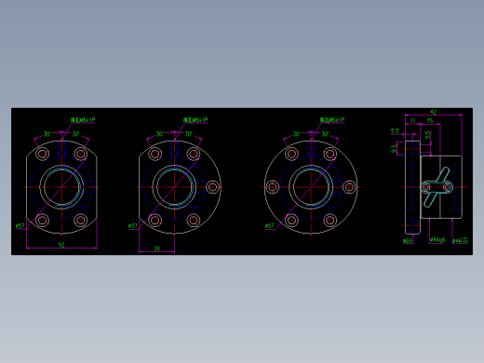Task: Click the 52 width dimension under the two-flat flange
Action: (x=61, y=245)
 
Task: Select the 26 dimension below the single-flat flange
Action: (x=156, y=249)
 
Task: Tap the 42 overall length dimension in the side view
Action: (x=433, y=113)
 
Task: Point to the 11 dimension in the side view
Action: (x=412, y=121)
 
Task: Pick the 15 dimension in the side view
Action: (x=430, y=121)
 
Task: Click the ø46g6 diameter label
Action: (x=437, y=240)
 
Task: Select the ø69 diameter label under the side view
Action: (x=408, y=241)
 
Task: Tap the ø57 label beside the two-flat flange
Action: (x=20, y=226)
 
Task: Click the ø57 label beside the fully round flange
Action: (x=269, y=226)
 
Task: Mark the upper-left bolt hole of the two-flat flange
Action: (x=42, y=154)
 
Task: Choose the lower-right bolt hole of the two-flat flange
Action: (x=81, y=221)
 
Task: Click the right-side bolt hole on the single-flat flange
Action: (x=213, y=187)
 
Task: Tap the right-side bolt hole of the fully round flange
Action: (x=349, y=187)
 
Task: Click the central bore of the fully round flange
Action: (x=311, y=187)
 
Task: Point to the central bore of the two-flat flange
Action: (x=61, y=187)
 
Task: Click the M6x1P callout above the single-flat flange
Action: (x=195, y=120)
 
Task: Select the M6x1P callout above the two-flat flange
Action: (x=83, y=120)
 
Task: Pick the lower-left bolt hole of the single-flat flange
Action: (x=155, y=221)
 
